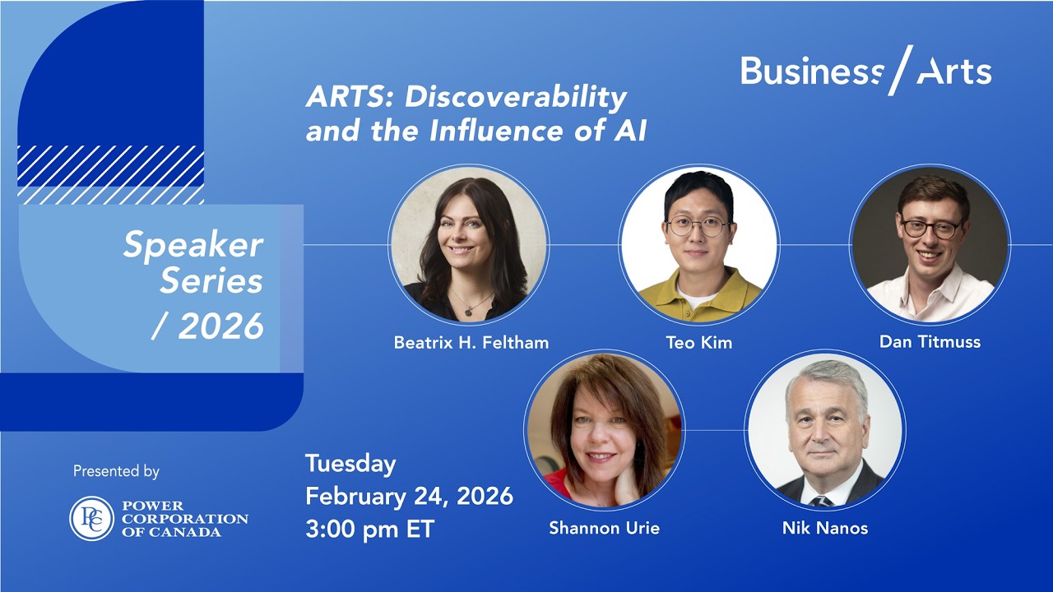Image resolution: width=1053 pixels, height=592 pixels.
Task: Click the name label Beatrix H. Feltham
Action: click(x=471, y=343)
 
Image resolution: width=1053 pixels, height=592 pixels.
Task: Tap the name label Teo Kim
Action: click(x=698, y=343)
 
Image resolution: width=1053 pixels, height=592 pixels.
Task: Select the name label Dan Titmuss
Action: click(x=930, y=341)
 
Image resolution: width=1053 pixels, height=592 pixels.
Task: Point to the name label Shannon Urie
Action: click(x=604, y=529)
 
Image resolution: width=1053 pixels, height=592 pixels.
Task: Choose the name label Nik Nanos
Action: click(x=824, y=529)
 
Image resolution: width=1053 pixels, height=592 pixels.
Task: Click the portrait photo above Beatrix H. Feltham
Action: click(x=469, y=244)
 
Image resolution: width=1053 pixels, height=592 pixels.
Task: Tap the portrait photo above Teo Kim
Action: click(x=699, y=244)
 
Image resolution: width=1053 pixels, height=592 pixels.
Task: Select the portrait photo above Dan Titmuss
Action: click(x=930, y=244)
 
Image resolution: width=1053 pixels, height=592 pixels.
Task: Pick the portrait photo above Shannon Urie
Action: click(x=604, y=430)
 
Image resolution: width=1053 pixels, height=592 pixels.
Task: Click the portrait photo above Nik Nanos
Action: click(x=825, y=430)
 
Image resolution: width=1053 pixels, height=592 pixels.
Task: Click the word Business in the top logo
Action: click(x=811, y=72)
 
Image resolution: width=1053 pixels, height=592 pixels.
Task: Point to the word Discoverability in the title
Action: click(x=516, y=97)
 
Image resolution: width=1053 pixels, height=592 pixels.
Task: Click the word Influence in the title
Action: click(x=499, y=131)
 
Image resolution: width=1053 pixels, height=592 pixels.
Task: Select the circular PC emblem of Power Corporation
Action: click(x=91, y=519)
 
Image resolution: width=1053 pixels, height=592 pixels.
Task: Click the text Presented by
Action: click(x=116, y=471)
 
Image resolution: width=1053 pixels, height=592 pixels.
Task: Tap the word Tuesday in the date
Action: click(x=350, y=464)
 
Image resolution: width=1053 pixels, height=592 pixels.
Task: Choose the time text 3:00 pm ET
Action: click(x=369, y=529)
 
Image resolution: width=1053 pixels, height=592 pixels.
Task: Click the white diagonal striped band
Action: click(x=110, y=174)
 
